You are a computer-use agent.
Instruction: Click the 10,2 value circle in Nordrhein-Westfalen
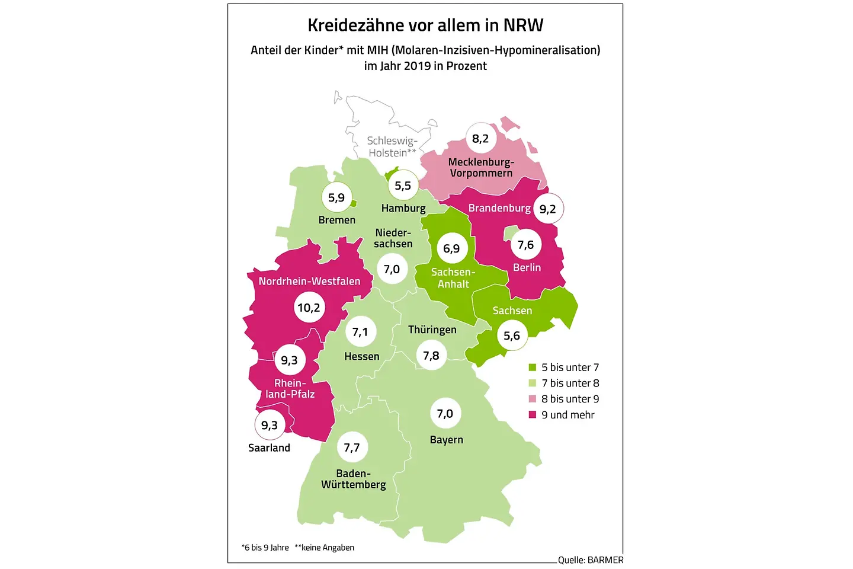click(x=309, y=308)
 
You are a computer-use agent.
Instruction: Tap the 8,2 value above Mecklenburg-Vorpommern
click(x=480, y=139)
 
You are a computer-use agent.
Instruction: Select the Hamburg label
click(x=403, y=208)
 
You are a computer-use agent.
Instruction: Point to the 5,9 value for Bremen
click(x=336, y=198)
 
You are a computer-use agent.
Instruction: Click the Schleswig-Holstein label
click(x=392, y=146)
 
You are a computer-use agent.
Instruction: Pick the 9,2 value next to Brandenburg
click(x=548, y=209)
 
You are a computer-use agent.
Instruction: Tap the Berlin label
click(x=527, y=267)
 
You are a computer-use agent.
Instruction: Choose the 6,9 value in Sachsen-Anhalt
click(x=451, y=248)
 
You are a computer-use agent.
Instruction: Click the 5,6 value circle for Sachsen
click(x=512, y=335)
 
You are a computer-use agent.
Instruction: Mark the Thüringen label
click(x=432, y=330)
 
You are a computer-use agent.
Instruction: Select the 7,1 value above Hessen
click(x=360, y=332)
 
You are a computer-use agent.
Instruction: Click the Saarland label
click(x=269, y=448)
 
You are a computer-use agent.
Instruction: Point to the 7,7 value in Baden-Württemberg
click(x=352, y=447)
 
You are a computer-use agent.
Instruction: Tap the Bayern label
click(x=447, y=440)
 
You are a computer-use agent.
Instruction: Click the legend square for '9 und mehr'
click(x=533, y=415)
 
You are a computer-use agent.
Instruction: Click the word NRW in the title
click(x=523, y=25)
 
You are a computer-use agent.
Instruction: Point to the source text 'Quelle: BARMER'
click(x=591, y=560)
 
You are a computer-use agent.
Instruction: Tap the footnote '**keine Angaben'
click(x=325, y=548)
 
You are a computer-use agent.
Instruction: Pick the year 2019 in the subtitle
click(x=417, y=66)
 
